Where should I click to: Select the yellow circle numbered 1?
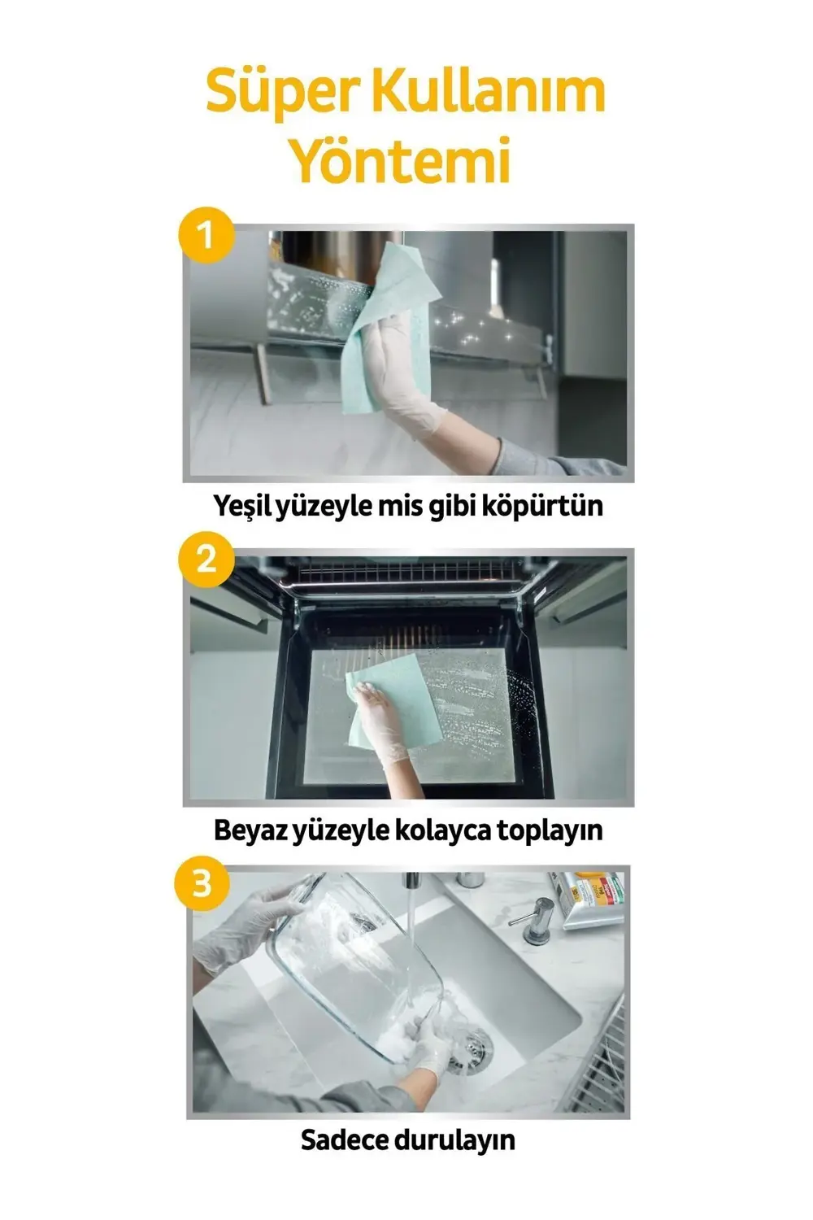pyautogui.click(x=205, y=236)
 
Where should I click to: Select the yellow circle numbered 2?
pyautogui.click(x=205, y=560)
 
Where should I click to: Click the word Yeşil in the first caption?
pyautogui.click(x=243, y=506)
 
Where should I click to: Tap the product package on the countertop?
pyautogui.click(x=589, y=899)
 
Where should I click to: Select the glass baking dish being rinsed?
pyautogui.click(x=350, y=960)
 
